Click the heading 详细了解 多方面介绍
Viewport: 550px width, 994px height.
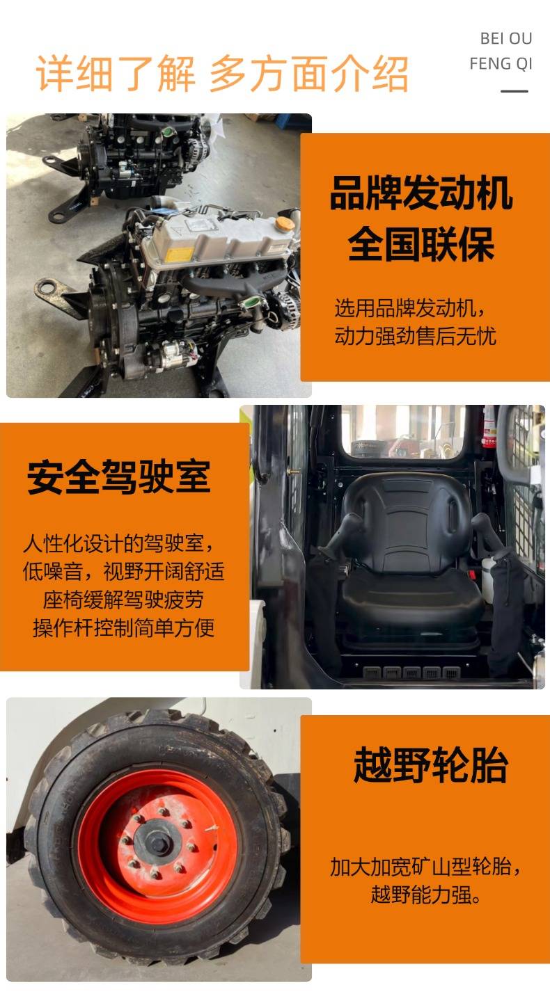click(x=221, y=74)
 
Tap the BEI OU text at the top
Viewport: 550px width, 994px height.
click(x=506, y=39)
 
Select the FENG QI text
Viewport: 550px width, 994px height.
click(x=501, y=63)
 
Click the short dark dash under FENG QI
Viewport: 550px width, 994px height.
click(x=514, y=91)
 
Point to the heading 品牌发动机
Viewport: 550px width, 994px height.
click(x=421, y=193)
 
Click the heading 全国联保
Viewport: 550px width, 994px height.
click(x=421, y=244)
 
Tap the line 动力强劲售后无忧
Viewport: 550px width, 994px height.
click(x=415, y=336)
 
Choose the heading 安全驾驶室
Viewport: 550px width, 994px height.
click(x=118, y=477)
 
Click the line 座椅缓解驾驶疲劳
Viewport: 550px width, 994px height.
click(x=123, y=600)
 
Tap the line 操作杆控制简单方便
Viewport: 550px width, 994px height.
click(x=123, y=627)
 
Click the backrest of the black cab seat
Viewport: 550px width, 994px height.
click(x=407, y=522)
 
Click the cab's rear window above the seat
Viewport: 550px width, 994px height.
click(x=403, y=431)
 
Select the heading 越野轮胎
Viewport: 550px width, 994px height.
click(x=430, y=765)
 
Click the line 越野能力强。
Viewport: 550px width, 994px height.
click(x=425, y=894)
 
